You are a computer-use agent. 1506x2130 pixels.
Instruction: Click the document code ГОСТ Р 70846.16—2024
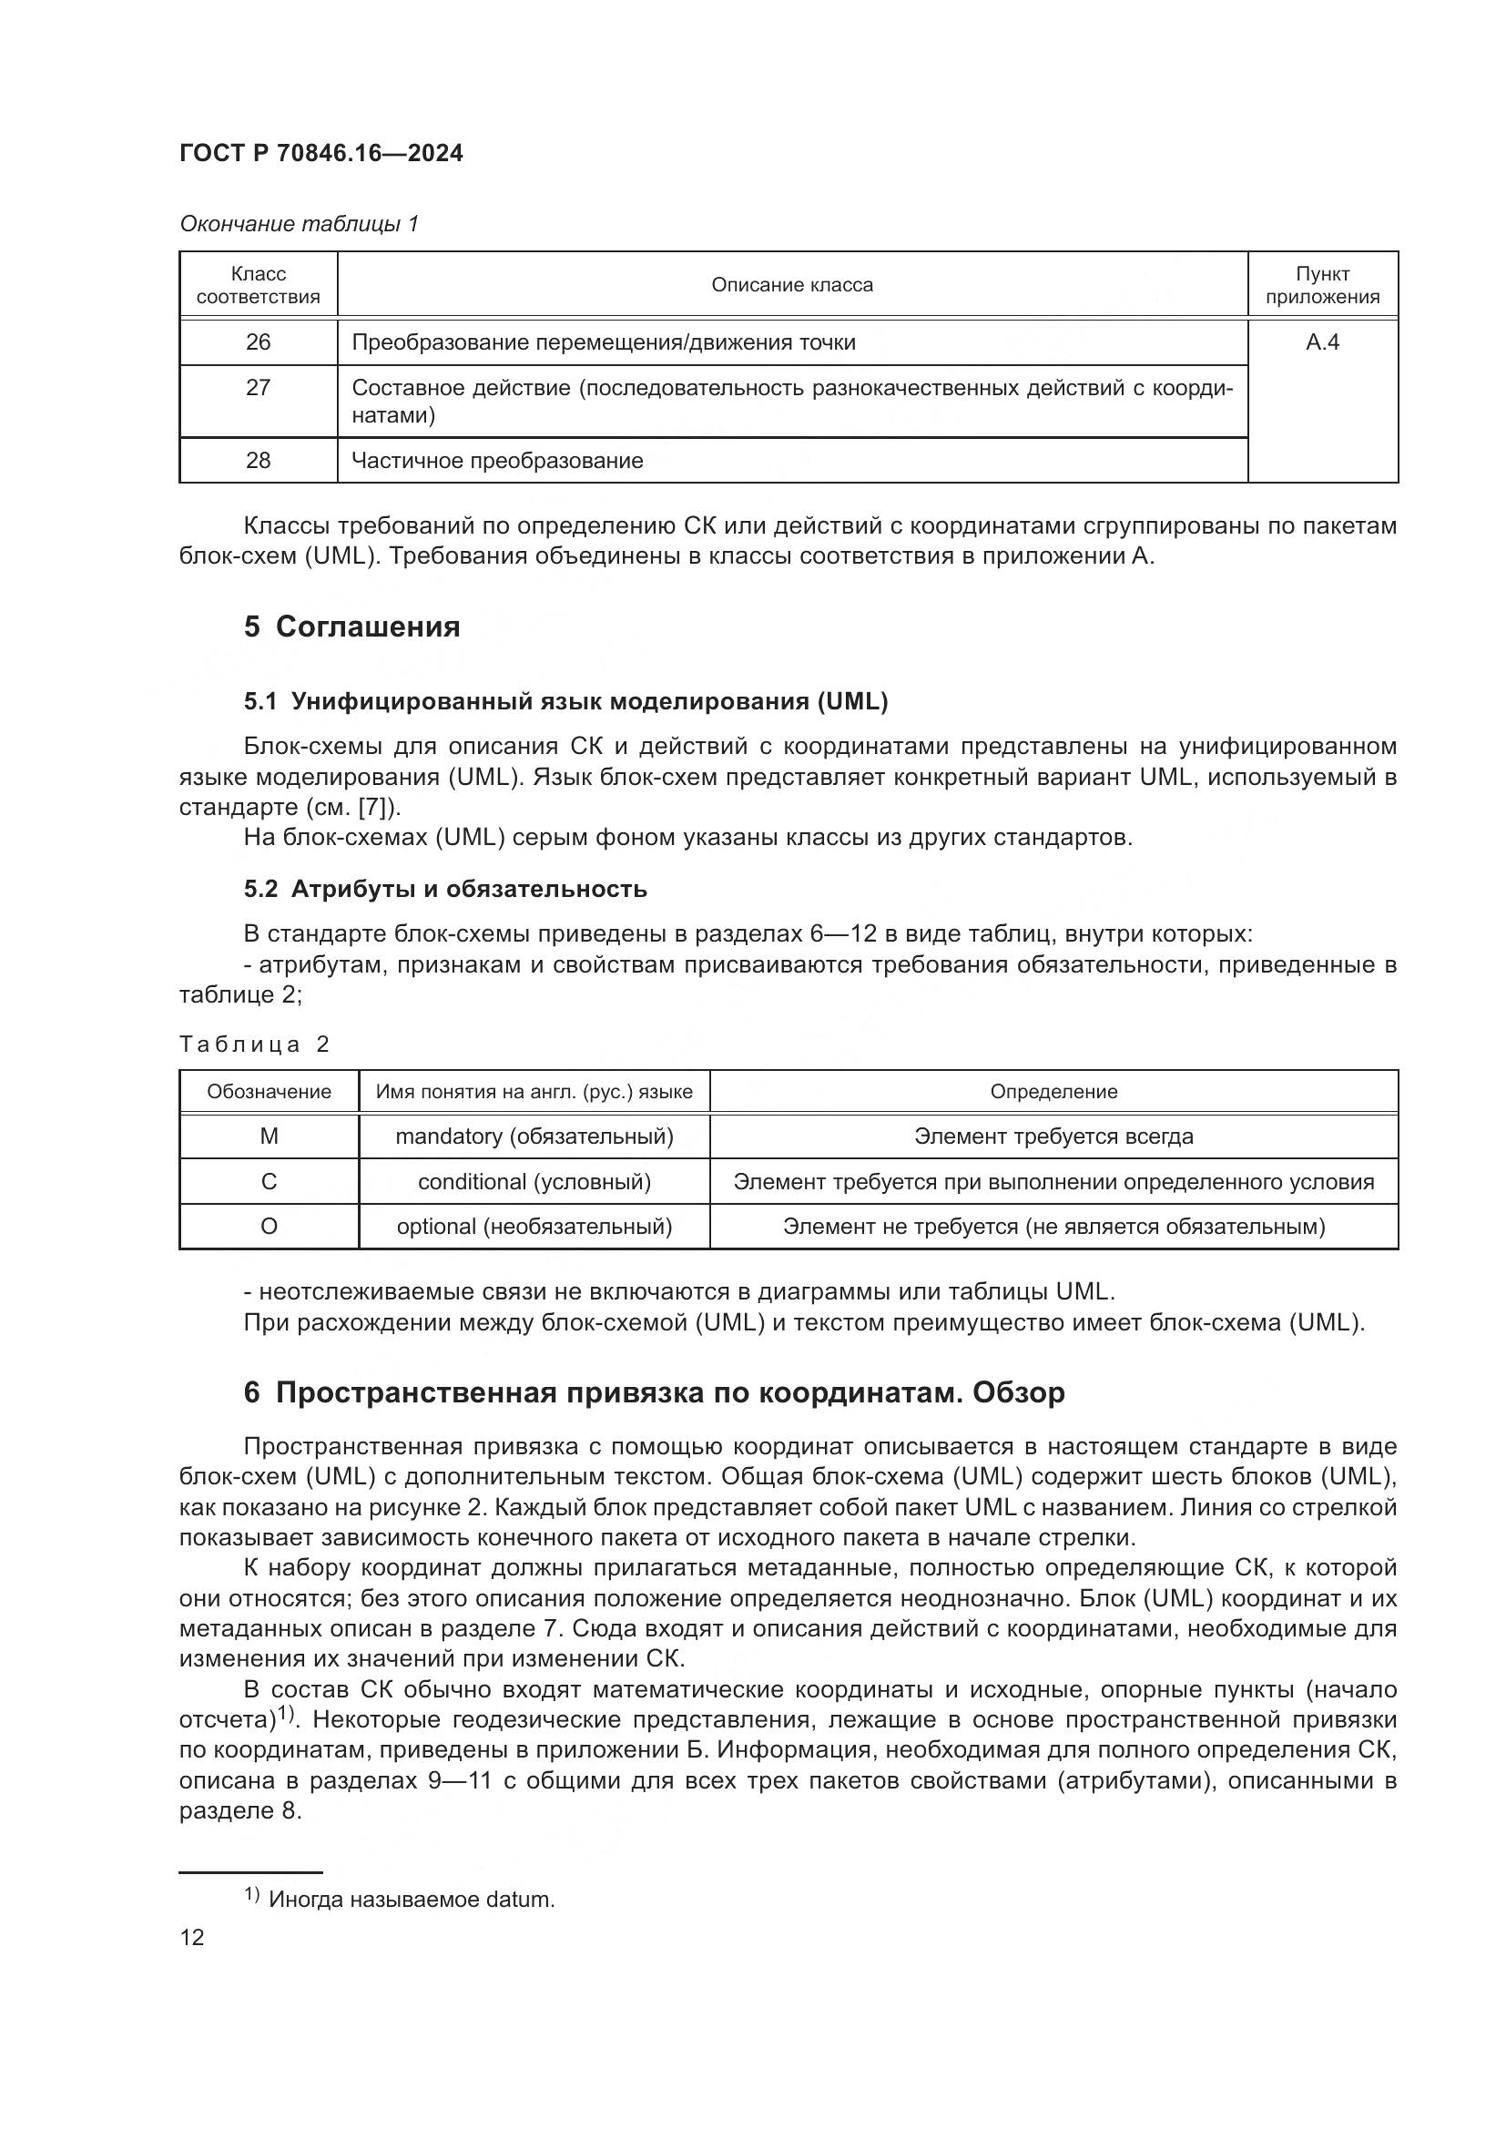pos(321,153)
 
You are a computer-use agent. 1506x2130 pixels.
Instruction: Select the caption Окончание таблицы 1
pos(299,224)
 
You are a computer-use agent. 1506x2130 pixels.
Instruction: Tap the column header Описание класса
pos(792,285)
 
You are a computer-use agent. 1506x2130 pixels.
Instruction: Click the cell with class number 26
pos(258,342)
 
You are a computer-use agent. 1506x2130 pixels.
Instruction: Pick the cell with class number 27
pos(258,388)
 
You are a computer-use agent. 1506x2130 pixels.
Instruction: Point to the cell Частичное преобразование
pos(497,460)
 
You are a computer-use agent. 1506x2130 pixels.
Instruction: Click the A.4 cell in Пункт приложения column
pos(1321,342)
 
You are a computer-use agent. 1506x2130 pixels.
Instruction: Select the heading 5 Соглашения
pos(351,627)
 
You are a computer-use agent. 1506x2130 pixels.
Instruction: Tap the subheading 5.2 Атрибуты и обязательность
pos(445,889)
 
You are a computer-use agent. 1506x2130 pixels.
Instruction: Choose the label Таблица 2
pos(254,1045)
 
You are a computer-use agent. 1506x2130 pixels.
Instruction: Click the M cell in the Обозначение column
pos(269,1136)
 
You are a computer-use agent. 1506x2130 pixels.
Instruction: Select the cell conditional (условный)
pos(534,1182)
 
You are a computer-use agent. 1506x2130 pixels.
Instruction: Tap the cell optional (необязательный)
pos(534,1227)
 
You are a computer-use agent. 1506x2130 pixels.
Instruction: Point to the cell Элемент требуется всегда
pos(1053,1136)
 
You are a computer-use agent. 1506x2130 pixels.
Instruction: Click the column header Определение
pos(1053,1092)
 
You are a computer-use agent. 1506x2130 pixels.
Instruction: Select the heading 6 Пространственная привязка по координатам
pos(654,1392)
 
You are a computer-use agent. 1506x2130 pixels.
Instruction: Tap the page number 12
pos(192,1937)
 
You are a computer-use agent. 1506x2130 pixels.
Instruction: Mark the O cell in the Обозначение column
pos(269,1227)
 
